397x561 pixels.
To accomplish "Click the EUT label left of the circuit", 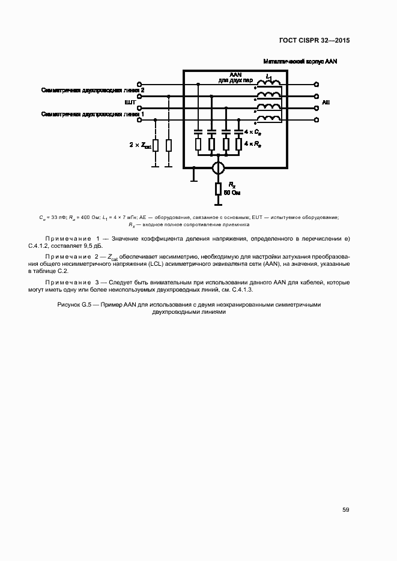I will (130, 103).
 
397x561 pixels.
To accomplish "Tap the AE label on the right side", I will (326, 103).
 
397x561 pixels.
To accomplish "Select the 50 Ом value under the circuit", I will (231, 193).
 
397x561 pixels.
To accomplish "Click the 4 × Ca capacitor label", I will (252, 131).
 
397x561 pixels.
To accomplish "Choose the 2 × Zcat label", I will (140, 145).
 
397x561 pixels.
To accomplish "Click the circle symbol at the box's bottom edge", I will (218, 168).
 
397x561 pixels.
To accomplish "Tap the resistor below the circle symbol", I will (218, 190).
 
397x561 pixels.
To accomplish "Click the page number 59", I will (345, 510).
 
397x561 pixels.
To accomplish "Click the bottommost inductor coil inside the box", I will (269, 119).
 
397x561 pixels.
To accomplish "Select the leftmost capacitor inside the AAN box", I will (198, 131).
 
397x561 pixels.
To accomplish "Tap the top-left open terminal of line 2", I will (140, 85).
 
